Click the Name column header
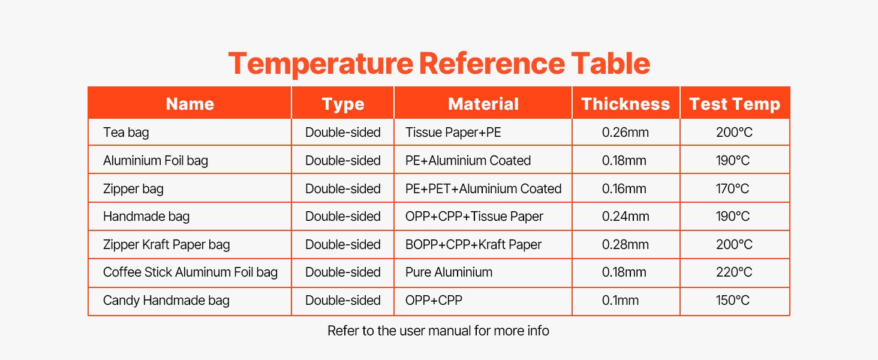190,104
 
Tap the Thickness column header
626,104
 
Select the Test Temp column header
735,104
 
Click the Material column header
483,104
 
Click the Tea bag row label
126,133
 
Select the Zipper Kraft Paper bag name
167,245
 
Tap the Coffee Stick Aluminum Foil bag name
191,272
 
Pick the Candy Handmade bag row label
166,301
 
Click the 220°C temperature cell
734,272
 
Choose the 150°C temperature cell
733,301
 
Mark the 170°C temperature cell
733,188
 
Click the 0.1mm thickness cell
621,301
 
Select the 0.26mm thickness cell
626,132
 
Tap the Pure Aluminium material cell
449,272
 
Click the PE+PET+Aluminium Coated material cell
483,188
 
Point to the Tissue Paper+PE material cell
453,133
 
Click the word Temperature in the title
321,64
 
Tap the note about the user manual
438,331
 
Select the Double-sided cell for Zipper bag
343,188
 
